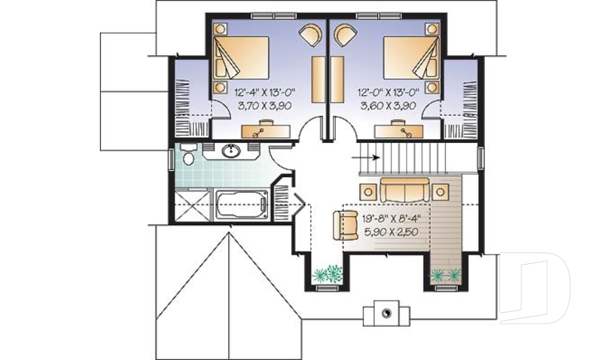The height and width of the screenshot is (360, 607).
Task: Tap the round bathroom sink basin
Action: [x=231, y=151]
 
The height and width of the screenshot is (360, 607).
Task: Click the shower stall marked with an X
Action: [x=192, y=206]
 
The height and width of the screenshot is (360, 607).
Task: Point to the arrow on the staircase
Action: [x=366, y=158]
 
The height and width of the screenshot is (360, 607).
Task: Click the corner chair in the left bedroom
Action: [x=310, y=34]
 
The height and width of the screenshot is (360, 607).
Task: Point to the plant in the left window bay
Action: [x=328, y=273]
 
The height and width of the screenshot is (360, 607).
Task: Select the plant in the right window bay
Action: [x=445, y=274]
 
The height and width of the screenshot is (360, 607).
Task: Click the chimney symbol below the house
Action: [x=386, y=311]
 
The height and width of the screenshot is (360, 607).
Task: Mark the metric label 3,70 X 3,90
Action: [x=264, y=106]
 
